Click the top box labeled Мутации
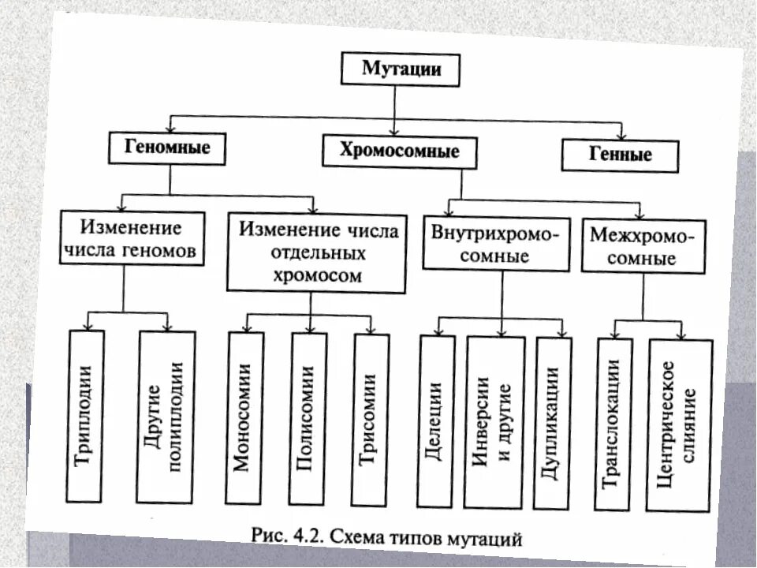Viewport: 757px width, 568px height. pos(400,69)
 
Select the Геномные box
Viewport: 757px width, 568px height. pos(166,147)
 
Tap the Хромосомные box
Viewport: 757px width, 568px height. pos(399,151)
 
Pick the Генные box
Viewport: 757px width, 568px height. pos(620,155)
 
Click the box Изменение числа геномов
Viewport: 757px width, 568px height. pos(131,239)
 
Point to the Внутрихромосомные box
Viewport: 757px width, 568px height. pos(496,245)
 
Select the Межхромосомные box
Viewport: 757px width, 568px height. pos(642,247)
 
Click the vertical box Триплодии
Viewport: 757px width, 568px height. pos(86,416)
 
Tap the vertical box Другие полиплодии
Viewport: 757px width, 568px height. pos(166,417)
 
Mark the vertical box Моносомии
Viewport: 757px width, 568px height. pos(243,417)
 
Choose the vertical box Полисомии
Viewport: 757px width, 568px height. pos(308,418)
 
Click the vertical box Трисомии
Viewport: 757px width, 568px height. pos(371,417)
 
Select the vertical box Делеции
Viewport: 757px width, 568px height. pos(437,420)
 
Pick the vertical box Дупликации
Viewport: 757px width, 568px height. pos(552,423)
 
